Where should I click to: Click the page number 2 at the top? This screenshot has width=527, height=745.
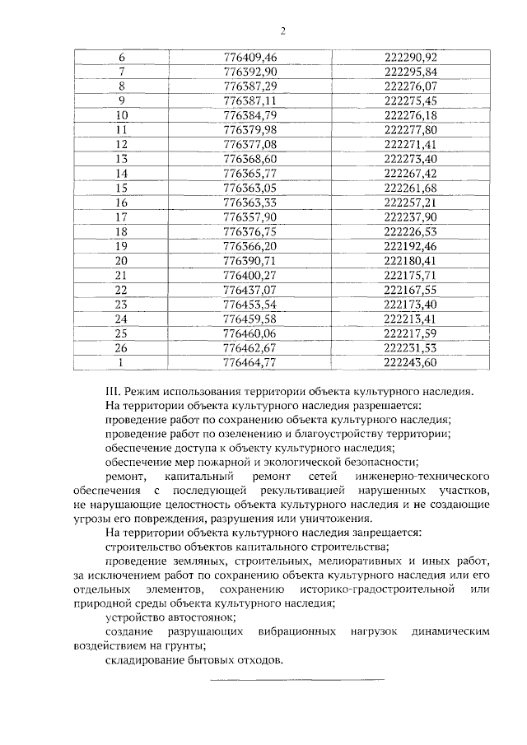[x=282, y=31]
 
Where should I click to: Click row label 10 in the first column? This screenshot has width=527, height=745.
[x=123, y=114]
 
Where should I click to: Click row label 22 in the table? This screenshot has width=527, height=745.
[x=123, y=290]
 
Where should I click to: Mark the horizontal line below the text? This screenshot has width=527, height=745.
[x=297, y=679]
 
